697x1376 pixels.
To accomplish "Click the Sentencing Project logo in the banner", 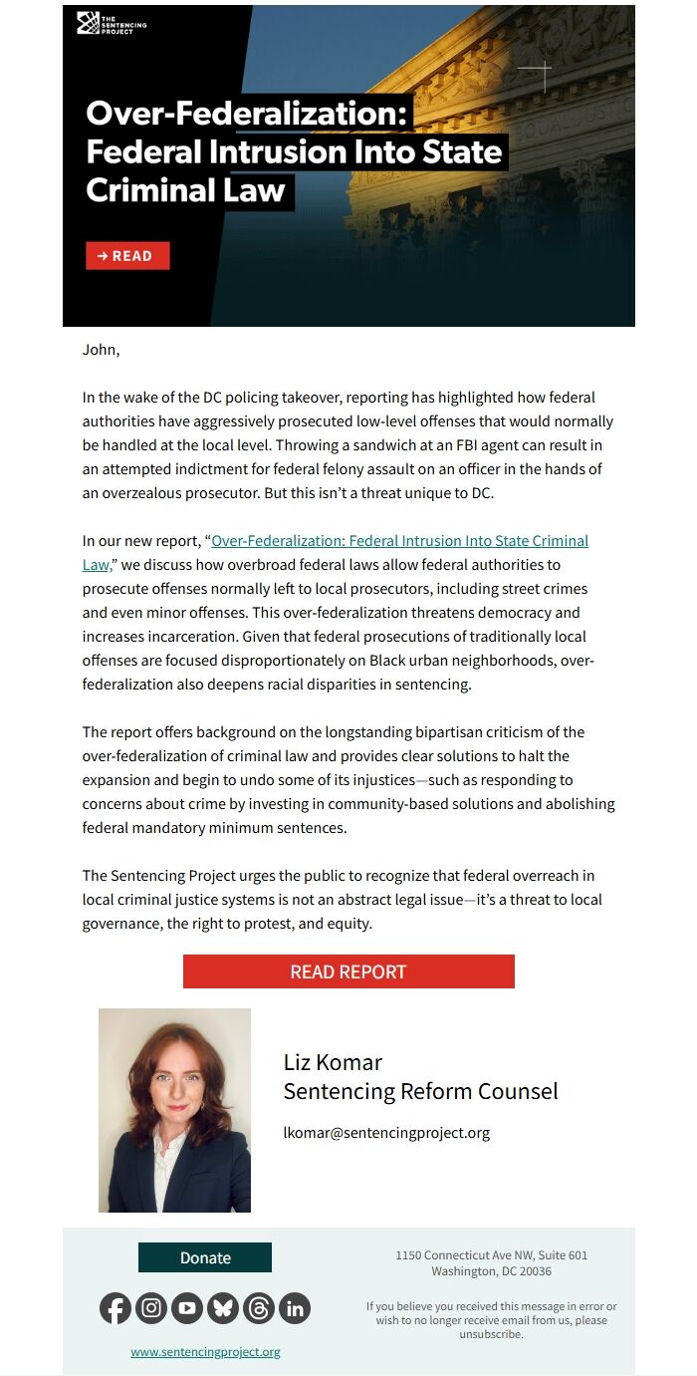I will pos(112,24).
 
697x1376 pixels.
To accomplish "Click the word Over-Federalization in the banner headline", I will pos(247,114).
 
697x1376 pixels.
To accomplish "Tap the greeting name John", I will pos(100,350).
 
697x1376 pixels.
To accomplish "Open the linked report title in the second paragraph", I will pos(399,541).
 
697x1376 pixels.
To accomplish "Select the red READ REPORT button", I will pos(348,971).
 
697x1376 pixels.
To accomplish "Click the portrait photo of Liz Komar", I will pos(174,1110).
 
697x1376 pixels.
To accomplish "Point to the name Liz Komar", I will pos(333,1062).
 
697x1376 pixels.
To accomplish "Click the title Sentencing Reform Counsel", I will pos(420,1091).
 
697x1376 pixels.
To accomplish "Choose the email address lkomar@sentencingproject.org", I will pos(386,1133).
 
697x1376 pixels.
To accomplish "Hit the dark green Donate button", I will pos(205,1257).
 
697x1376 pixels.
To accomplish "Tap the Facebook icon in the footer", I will pos(116,1308).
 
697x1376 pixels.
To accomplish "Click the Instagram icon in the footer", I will pos(151,1308).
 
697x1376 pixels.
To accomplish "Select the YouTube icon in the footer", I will pos(187,1308).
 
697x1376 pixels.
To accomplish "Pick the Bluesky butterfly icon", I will pos(223,1308).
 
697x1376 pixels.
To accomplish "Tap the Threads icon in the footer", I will pos(259,1308).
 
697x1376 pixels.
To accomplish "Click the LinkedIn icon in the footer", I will pos(295,1308).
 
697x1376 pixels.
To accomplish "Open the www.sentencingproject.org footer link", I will pos(205,1352).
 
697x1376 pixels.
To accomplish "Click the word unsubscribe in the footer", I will pos(490,1334).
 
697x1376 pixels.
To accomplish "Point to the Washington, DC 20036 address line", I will pos(491,1271).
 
